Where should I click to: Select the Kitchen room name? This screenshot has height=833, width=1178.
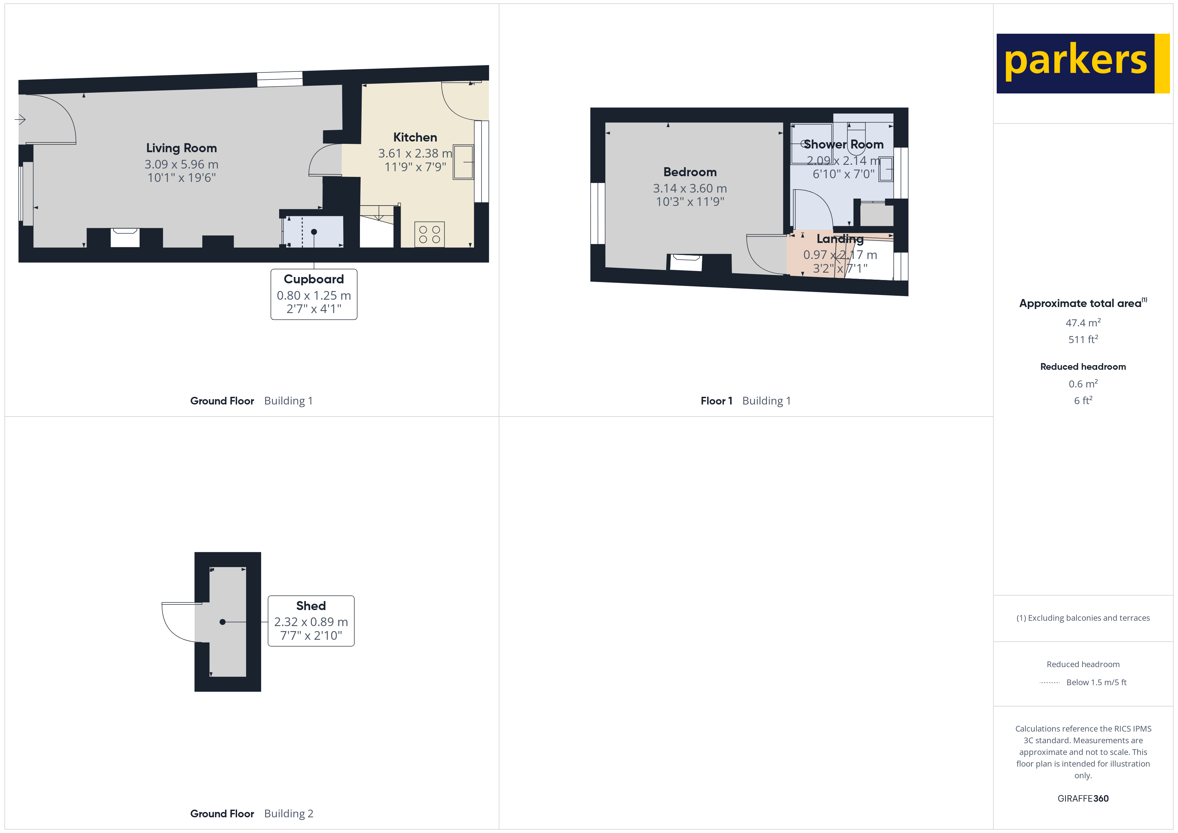415,137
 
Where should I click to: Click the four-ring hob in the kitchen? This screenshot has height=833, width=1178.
429,234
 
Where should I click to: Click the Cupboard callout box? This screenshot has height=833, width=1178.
314,294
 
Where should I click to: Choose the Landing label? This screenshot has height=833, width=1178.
840,239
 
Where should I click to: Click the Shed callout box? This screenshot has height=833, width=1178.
311,621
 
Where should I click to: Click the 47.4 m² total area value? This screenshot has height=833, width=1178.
1083,323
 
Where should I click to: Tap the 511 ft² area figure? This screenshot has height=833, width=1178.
1083,339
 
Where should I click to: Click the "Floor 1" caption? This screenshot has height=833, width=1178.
716,401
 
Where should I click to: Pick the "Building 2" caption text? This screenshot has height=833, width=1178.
288,814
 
